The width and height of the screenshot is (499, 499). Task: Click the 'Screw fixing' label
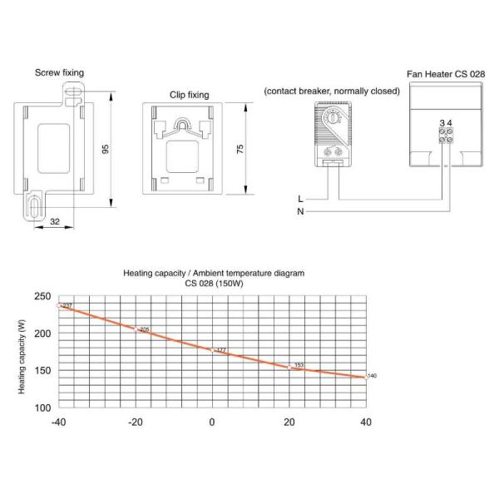point(60,73)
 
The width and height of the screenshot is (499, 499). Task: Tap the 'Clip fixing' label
point(190,95)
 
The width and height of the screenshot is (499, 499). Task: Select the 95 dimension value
point(106,149)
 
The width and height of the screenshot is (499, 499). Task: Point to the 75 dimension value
point(240,149)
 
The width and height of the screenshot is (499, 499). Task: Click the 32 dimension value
point(55,221)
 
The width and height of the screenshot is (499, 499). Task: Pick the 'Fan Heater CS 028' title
point(446,74)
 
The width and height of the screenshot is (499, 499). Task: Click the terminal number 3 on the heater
point(442,123)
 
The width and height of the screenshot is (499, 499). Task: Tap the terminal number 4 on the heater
point(449,123)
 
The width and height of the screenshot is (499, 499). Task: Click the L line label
point(300,199)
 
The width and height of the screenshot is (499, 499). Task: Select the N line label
point(300,211)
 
